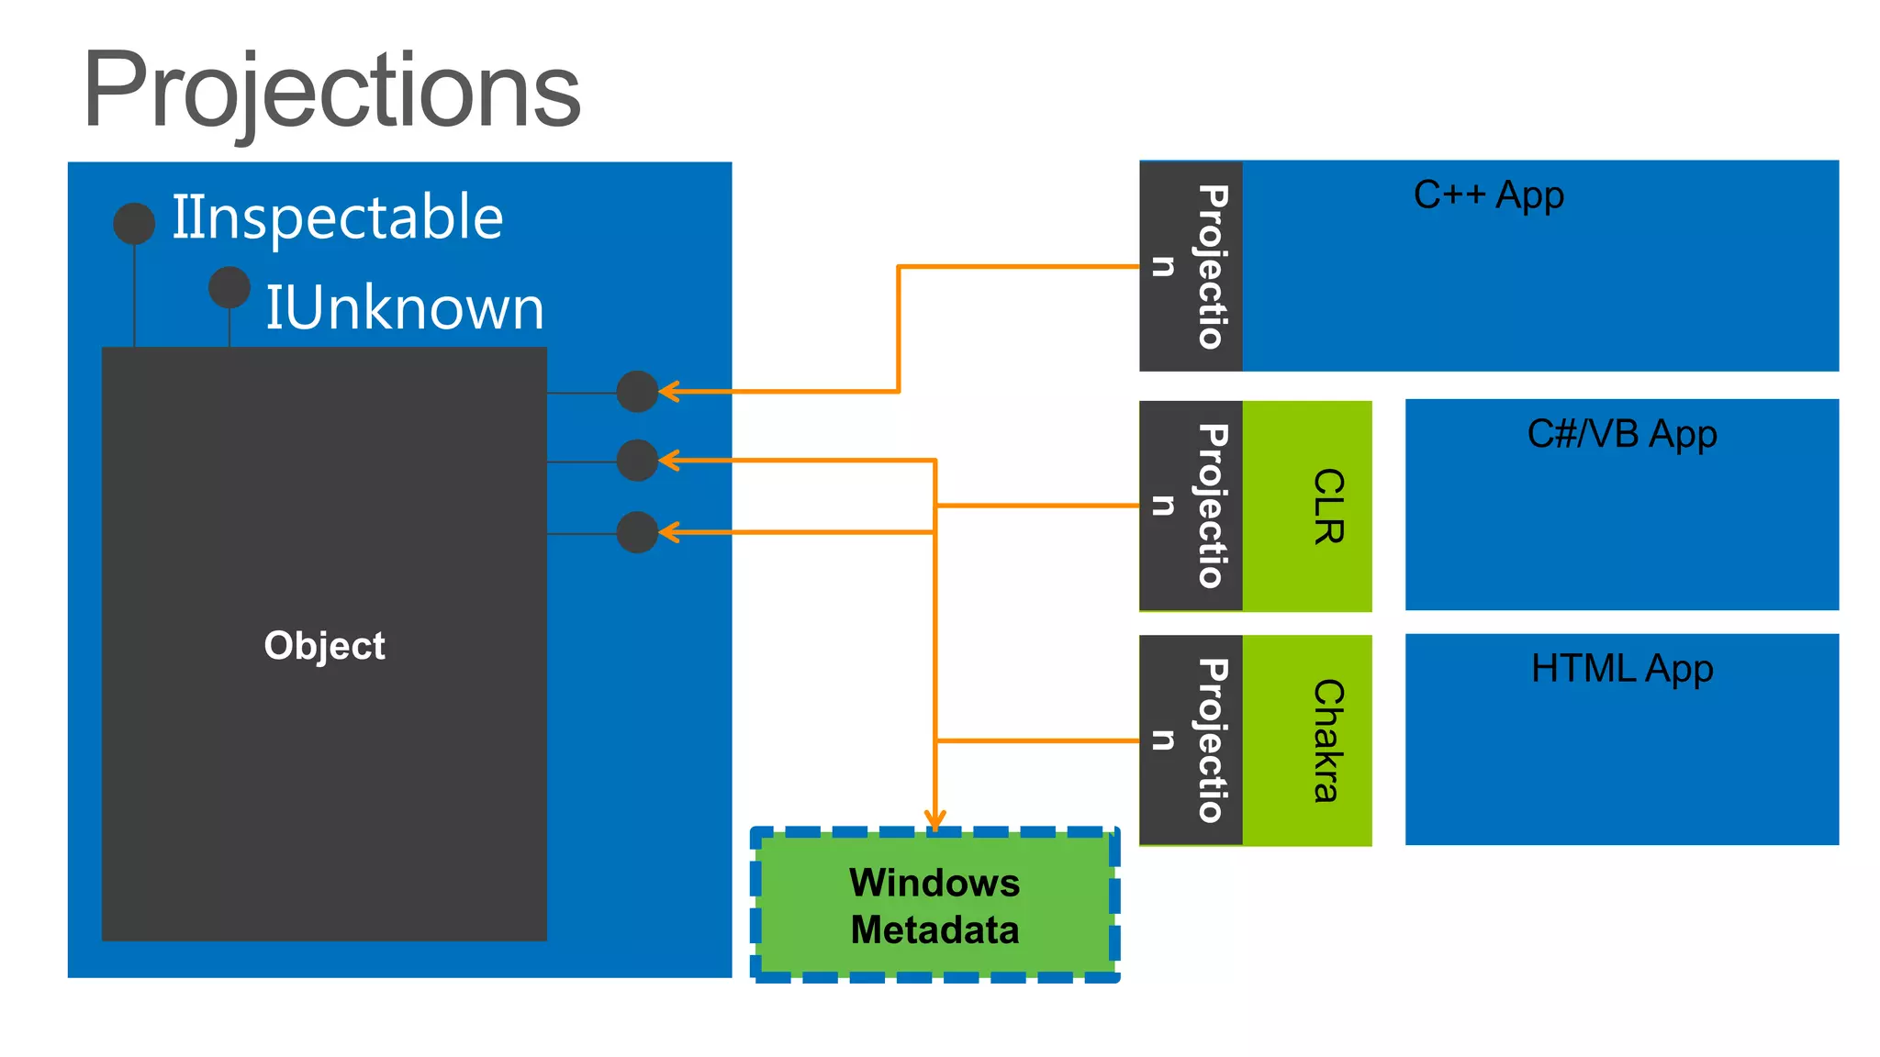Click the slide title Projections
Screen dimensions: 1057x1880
pos(332,92)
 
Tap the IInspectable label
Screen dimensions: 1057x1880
pos(337,218)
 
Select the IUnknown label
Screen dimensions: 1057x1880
pos(404,308)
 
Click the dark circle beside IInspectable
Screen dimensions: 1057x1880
pos(134,224)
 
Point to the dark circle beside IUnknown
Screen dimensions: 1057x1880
pos(229,287)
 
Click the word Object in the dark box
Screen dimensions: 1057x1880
pos(324,646)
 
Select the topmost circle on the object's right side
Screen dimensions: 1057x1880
pos(637,392)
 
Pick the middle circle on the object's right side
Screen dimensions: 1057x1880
pos(637,461)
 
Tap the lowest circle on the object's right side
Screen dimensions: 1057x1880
pos(637,532)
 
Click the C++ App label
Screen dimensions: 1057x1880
pos(1488,195)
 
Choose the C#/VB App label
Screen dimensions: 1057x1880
pos(1621,434)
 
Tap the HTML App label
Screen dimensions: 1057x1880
pos(1621,669)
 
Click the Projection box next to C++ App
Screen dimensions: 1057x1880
pos(1191,266)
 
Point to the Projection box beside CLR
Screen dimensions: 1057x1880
pos(1191,506)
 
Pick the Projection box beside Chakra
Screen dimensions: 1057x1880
pos(1191,740)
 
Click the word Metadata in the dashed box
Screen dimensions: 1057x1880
pos(934,930)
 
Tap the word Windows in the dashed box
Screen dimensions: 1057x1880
pos(934,883)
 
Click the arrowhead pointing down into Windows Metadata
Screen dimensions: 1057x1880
pos(934,820)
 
